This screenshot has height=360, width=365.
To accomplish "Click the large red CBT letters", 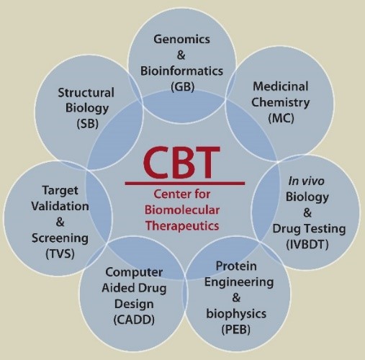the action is click(x=181, y=162).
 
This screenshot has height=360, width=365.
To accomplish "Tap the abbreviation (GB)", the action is click(x=182, y=86).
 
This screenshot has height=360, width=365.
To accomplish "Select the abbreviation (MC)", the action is click(x=281, y=118).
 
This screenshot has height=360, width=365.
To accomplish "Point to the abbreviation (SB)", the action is click(x=88, y=124).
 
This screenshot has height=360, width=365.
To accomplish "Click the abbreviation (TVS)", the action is click(x=60, y=254).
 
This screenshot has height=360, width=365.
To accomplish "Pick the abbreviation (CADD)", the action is click(x=134, y=320).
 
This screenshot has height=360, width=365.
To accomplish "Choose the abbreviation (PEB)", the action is click(x=236, y=330).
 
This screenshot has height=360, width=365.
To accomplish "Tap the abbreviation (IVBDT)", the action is click(x=307, y=245).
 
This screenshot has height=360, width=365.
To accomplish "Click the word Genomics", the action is click(x=181, y=40).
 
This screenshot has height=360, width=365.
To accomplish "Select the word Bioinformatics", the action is click(x=181, y=71).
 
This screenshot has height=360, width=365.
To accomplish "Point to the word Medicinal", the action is click(x=281, y=86).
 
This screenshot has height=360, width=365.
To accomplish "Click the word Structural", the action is click(x=86, y=93).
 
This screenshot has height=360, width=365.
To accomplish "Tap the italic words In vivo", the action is click(x=306, y=181).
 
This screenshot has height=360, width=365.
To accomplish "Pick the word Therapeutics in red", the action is click(x=182, y=226).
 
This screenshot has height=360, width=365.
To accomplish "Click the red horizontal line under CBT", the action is click(x=185, y=184).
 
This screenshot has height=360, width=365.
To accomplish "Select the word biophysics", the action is click(x=236, y=314).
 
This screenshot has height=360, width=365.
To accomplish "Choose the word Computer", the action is click(x=134, y=272).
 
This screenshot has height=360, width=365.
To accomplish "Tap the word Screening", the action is click(x=60, y=238).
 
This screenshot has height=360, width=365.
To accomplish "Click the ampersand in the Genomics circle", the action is click(x=181, y=55).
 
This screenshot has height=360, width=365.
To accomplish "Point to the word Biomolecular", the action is click(x=182, y=210).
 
